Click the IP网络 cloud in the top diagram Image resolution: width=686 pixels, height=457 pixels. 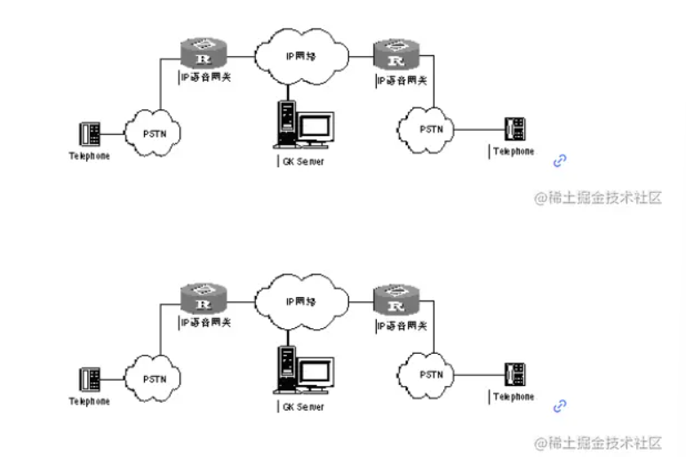point(301,55)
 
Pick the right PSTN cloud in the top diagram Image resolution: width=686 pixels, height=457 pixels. point(430,128)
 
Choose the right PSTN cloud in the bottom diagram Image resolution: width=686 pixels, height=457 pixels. point(430,374)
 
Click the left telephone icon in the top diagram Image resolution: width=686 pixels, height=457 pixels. point(90,134)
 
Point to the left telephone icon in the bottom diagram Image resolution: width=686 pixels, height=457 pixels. point(90,380)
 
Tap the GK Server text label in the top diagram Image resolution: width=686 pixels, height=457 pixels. point(303,161)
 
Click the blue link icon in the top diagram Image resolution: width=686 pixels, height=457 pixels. point(560,160)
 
